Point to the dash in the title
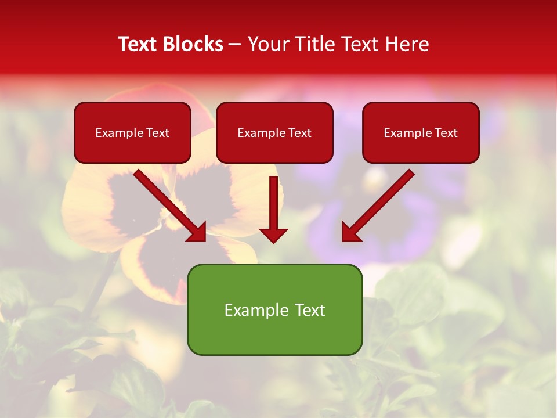click(235, 45)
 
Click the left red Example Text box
click(132, 132)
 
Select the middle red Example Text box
click(274, 132)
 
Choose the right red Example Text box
click(421, 132)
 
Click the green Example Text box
click(274, 309)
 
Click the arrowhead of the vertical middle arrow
click(274, 235)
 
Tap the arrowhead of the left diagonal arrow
click(197, 232)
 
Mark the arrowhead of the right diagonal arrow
click(350, 232)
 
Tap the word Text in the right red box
click(446, 133)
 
